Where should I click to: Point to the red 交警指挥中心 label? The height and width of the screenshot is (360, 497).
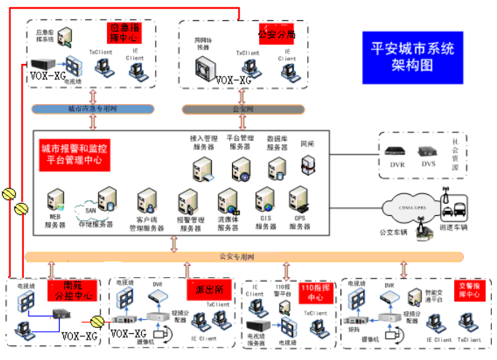click(x=469, y=289)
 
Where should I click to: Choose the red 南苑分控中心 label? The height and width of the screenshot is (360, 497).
click(x=72, y=291)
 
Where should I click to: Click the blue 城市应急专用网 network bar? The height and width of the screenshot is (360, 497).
click(x=92, y=109)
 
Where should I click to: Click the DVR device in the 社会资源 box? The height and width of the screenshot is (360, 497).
click(x=397, y=153)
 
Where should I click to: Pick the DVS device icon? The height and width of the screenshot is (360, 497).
click(x=427, y=153)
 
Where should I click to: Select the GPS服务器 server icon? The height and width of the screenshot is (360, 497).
click(x=299, y=200)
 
